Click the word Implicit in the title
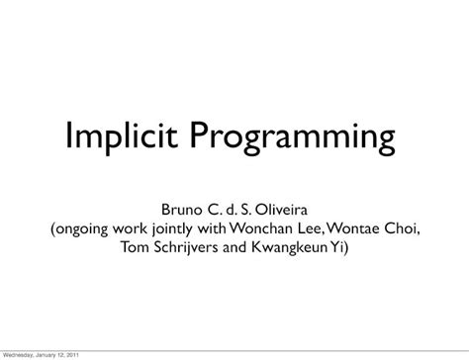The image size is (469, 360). [x=122, y=136]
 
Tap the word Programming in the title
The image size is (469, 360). [x=293, y=137]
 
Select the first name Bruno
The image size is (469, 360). [x=181, y=210]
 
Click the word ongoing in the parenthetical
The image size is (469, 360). [x=82, y=229]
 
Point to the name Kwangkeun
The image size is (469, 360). [x=289, y=248]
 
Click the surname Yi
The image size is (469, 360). [x=336, y=247]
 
